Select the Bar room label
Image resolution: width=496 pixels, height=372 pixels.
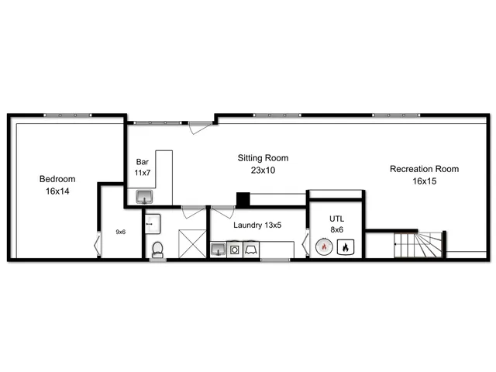(x=142, y=162)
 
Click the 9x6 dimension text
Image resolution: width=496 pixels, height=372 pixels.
(x=121, y=231)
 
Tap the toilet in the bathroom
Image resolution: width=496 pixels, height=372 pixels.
(x=157, y=249)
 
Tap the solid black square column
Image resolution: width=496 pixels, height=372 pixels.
(x=243, y=199)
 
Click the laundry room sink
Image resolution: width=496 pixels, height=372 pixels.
(x=219, y=249)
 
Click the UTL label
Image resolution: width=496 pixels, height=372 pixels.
(x=336, y=219)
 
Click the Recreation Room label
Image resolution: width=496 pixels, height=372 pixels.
(x=424, y=169)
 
